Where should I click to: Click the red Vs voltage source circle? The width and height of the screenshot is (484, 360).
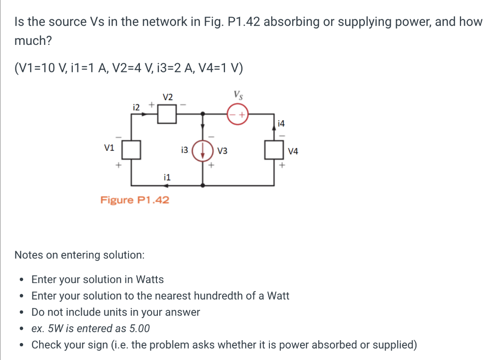[238, 114]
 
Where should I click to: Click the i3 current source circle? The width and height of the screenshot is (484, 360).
[203, 151]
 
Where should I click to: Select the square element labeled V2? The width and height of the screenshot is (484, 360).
[167, 114]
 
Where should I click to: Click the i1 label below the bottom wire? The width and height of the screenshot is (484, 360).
[166, 178]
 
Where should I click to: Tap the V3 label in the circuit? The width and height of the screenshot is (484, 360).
[222, 151]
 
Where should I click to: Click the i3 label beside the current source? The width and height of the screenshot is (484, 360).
[184, 150]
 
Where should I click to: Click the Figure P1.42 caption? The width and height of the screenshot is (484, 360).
[135, 200]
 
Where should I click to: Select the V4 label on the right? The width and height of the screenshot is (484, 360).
[293, 151]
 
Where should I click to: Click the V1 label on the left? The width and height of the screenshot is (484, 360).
[109, 148]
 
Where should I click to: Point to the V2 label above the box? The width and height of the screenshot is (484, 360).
[167, 97]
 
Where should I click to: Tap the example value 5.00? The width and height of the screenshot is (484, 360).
[136, 328]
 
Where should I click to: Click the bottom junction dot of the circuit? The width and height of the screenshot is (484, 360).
[203, 186]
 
